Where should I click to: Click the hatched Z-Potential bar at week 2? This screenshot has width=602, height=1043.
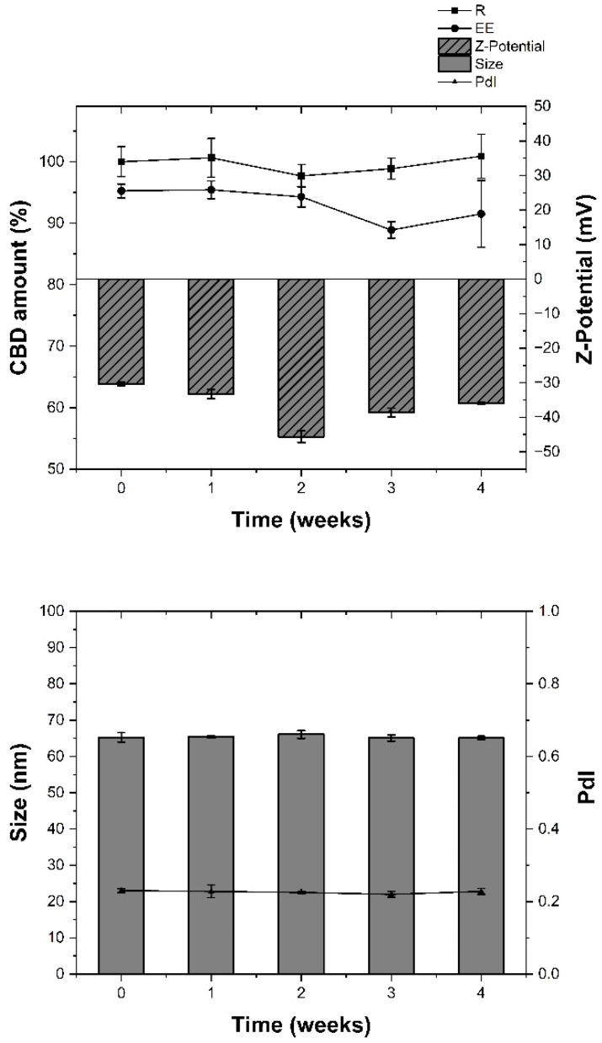click(301, 357)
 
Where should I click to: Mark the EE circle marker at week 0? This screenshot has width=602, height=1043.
click(121, 190)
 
